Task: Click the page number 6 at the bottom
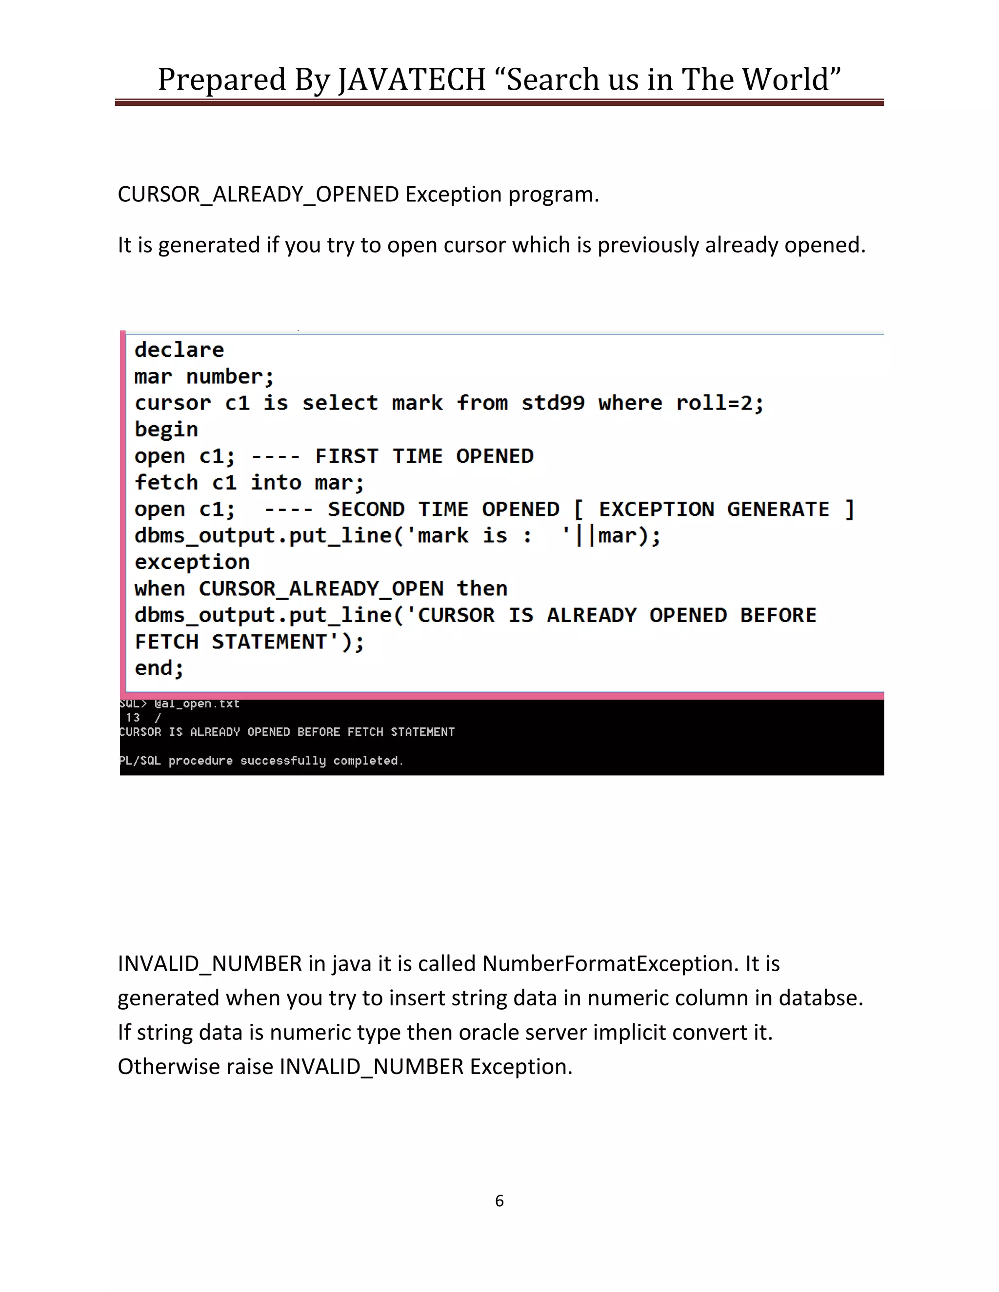(x=499, y=1200)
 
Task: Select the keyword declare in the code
(x=180, y=350)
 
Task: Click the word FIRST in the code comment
(x=347, y=456)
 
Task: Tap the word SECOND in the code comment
(x=366, y=509)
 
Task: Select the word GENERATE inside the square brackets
(x=778, y=509)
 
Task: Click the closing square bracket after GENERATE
(x=849, y=509)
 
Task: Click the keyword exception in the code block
(x=192, y=562)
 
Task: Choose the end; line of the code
(x=159, y=668)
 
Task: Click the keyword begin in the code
(x=166, y=430)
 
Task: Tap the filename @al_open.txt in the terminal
(x=197, y=704)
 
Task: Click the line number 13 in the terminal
(x=133, y=718)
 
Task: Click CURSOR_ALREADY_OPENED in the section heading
(x=258, y=194)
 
